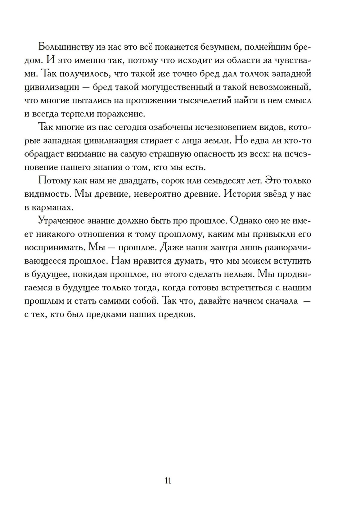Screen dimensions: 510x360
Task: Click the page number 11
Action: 168,481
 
